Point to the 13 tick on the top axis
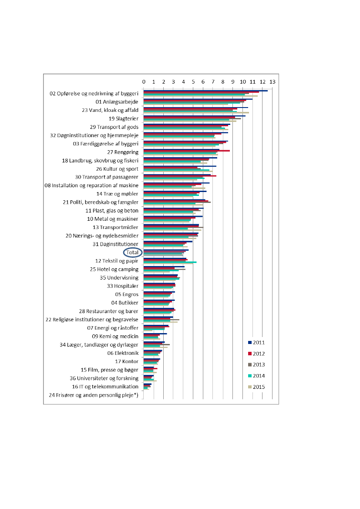(x=273, y=82)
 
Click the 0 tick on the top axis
(x=144, y=82)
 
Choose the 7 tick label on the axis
(x=213, y=82)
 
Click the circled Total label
(x=132, y=253)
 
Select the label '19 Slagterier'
(x=124, y=118)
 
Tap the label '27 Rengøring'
(x=123, y=152)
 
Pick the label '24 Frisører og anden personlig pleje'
(x=93, y=395)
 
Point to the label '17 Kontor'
(x=127, y=361)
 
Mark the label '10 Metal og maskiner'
(x=113, y=219)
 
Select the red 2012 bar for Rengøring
(x=187, y=151)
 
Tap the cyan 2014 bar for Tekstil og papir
(x=170, y=262)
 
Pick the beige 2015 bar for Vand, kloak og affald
(x=196, y=113)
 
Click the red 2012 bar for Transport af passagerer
(x=180, y=176)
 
